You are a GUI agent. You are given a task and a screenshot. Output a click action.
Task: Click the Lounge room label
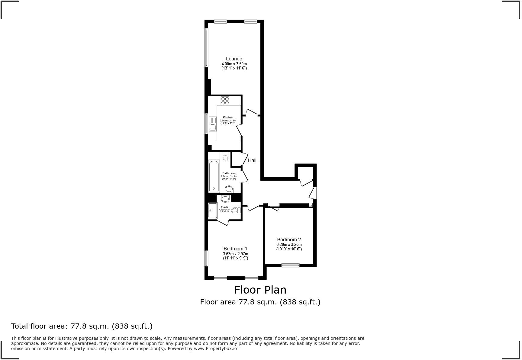pos(234,59)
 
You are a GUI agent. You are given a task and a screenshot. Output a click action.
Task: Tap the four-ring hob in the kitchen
pos(225,101)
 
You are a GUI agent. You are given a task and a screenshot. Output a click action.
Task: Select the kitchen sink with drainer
pos(213,124)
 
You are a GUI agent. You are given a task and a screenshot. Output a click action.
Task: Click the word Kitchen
pos(228,117)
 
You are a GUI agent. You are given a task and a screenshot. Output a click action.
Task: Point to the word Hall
pos(252,160)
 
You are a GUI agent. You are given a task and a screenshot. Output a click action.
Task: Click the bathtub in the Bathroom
pos(214,176)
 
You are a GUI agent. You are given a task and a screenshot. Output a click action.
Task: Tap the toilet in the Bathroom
pos(225,157)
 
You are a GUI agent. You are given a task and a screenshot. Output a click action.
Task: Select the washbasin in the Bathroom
pos(229,189)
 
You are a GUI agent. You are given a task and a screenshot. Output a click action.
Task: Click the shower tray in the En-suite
pos(213,210)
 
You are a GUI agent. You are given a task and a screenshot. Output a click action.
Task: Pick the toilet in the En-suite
pos(236,210)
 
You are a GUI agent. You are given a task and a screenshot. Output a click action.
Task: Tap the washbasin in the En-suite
pos(225,199)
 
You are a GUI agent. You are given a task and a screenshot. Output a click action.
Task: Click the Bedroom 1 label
pos(235,249)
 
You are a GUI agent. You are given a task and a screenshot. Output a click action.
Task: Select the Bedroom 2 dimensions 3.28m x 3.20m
pos(289,245)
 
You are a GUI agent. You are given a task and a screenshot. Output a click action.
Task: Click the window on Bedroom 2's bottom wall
pos(291,265)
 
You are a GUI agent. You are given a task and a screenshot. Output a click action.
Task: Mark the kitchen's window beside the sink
pos(206,123)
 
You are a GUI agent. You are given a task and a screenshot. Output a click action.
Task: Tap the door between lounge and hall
pos(251,112)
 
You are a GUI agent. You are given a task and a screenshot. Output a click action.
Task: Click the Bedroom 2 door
pos(273,208)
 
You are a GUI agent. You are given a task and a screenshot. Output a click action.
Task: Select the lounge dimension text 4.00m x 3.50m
pos(234,64)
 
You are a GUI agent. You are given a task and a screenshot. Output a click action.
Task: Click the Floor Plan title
pos(260,290)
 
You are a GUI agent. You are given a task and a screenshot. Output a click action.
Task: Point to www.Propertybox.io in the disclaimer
pos(215,349)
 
